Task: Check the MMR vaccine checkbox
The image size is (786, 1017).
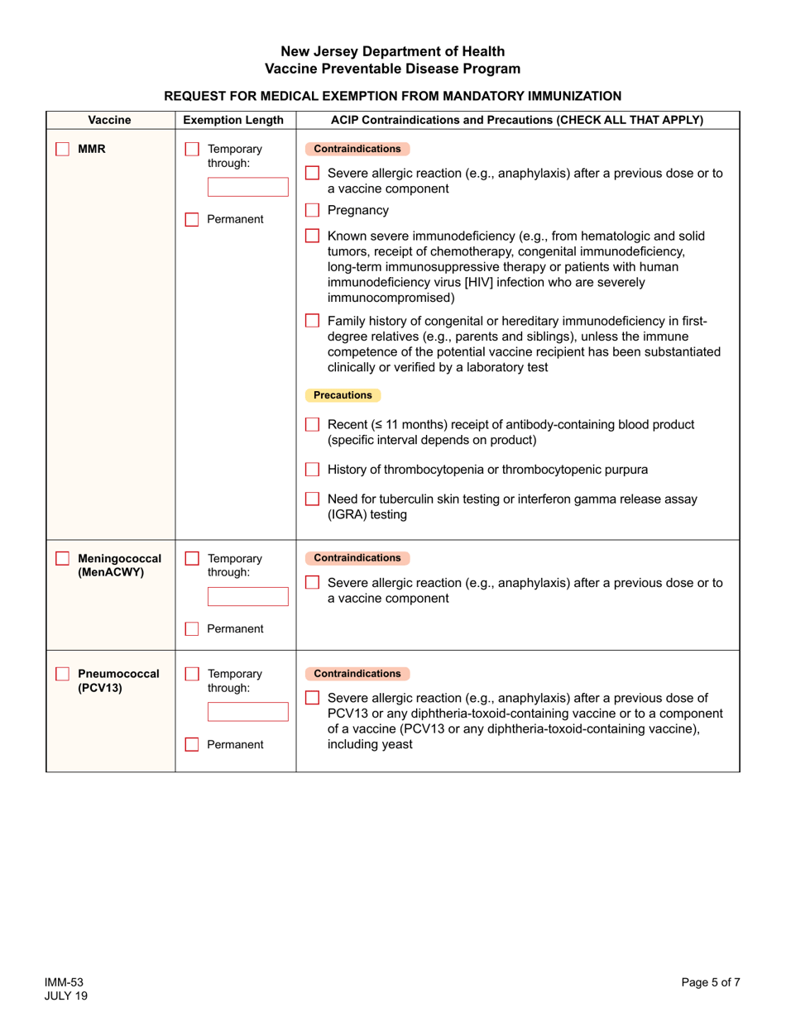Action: click(x=62, y=150)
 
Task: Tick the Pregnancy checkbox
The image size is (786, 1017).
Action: click(x=312, y=210)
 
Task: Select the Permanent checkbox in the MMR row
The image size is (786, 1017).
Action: click(x=192, y=220)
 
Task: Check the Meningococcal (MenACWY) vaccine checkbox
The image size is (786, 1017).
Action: click(x=62, y=559)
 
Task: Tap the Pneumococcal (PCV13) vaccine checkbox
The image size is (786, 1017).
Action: click(x=62, y=674)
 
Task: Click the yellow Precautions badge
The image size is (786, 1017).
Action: click(x=343, y=395)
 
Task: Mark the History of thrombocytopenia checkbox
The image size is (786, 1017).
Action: click(x=312, y=470)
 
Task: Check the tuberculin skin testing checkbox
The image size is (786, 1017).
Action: click(x=312, y=499)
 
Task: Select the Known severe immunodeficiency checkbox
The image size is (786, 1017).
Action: click(x=312, y=236)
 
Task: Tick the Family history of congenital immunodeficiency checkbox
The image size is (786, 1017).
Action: click(x=312, y=321)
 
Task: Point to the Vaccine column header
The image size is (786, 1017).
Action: click(x=109, y=120)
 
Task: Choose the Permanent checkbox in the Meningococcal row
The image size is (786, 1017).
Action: click(x=192, y=629)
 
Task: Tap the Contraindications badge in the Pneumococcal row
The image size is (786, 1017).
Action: click(x=357, y=674)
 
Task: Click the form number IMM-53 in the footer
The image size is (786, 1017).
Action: click(x=65, y=982)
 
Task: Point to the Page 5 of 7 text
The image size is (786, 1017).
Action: click(x=711, y=982)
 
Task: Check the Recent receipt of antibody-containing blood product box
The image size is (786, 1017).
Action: click(x=312, y=425)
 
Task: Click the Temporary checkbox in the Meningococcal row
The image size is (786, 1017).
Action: click(x=192, y=559)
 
